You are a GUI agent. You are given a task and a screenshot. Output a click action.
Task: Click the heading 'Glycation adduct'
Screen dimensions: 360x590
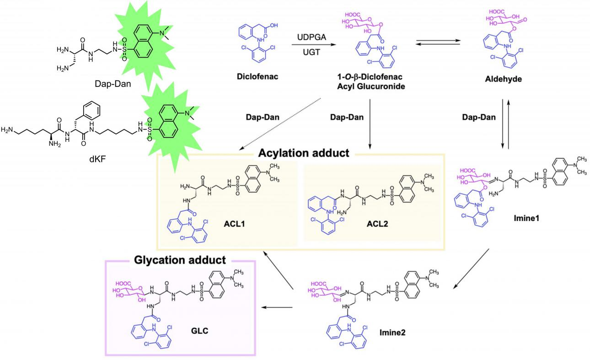point(180,260)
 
